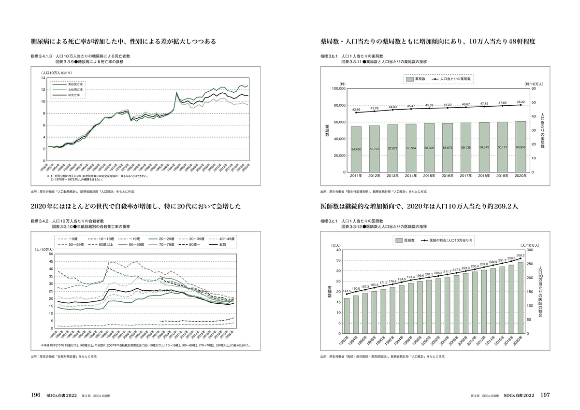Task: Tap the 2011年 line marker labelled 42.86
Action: (356, 113)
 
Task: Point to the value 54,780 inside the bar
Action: (356, 150)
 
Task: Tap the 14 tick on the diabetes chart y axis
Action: (43, 78)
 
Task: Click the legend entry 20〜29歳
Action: (163, 239)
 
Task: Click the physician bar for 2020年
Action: (521, 298)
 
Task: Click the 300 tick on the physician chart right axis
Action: (530, 250)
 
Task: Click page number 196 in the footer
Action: (35, 395)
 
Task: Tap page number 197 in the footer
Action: (545, 395)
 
